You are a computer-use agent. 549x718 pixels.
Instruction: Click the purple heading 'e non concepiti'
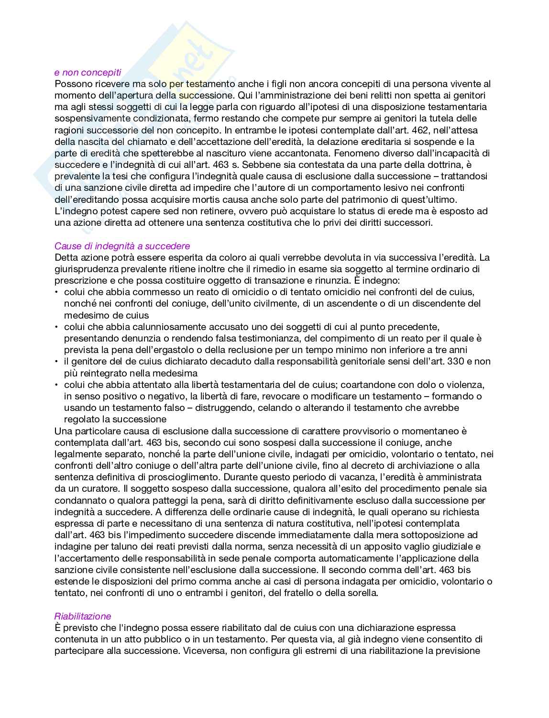click(x=88, y=73)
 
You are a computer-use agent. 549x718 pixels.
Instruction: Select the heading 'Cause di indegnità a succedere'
click(x=122, y=246)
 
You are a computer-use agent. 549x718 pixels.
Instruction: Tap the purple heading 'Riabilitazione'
click(x=82, y=617)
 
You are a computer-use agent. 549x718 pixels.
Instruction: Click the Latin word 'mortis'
click(x=208, y=199)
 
